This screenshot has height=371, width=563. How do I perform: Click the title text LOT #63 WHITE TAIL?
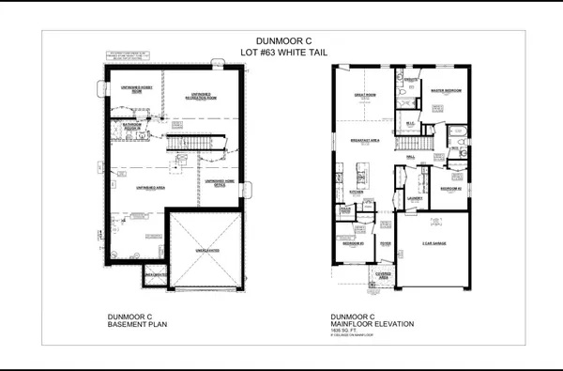click(x=281, y=53)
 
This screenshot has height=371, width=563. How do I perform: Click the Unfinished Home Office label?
click(x=221, y=182)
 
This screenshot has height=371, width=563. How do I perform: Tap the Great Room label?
click(x=365, y=94)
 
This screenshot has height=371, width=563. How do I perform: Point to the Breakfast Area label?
click(x=364, y=140)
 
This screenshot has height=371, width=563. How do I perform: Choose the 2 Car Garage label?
click(x=433, y=243)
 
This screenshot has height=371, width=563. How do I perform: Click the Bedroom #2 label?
click(x=450, y=188)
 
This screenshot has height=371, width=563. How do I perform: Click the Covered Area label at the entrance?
click(x=384, y=275)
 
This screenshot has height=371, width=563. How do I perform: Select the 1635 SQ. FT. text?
click(x=342, y=332)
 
